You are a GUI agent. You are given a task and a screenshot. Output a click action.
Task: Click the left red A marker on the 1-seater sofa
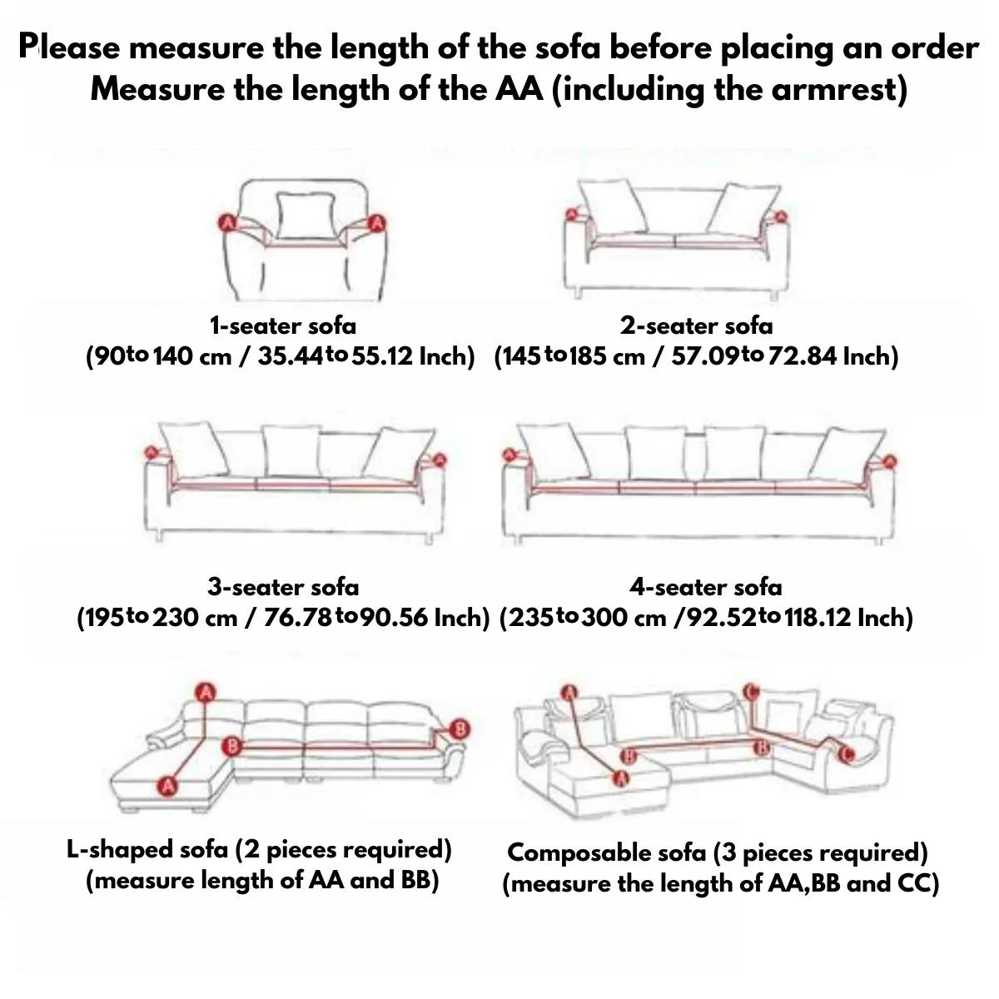[x=226, y=223]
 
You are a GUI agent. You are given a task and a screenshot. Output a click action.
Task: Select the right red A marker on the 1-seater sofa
[x=377, y=223]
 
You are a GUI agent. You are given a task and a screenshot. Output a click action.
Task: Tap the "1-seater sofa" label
[x=283, y=326]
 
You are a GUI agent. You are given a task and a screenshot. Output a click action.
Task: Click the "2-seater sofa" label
[x=696, y=326]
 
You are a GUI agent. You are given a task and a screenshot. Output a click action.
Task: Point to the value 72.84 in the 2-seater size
[x=802, y=356]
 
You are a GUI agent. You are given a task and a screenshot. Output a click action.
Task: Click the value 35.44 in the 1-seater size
[x=291, y=356]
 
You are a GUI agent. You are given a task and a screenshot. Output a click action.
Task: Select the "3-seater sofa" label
[x=283, y=588]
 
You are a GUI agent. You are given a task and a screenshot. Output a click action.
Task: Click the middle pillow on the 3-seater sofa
[x=292, y=451]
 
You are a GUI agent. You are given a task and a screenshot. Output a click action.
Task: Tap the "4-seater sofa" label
[x=706, y=588]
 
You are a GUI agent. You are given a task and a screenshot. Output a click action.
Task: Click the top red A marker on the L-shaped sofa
[x=206, y=692]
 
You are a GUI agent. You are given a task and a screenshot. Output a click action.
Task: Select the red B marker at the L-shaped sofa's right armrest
[x=460, y=729]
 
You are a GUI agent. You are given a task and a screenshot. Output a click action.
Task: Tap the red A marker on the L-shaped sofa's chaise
[x=167, y=787]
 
